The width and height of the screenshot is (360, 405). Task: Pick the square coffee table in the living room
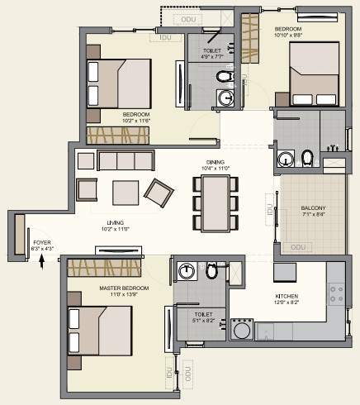(x=126, y=191)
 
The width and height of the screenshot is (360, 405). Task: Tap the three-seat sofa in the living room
(x=126, y=160)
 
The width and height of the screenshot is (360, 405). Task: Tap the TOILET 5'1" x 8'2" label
(x=203, y=318)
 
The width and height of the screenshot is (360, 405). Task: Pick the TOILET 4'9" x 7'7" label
(x=214, y=54)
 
